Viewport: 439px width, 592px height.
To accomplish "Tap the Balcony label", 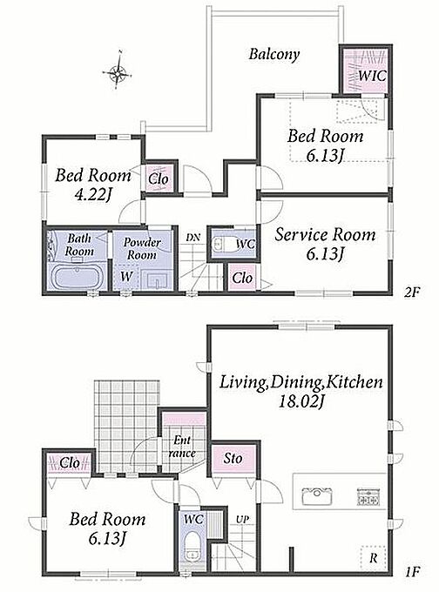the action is (x=274, y=54).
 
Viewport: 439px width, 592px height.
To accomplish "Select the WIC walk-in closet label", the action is (x=372, y=76).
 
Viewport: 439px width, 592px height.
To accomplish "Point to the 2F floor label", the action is (x=411, y=293).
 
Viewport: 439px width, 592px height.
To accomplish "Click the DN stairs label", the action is (x=193, y=238).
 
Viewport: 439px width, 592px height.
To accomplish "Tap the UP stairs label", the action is (x=242, y=520).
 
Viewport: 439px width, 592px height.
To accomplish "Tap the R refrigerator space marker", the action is (x=373, y=558).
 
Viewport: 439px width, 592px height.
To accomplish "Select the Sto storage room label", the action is (x=233, y=458).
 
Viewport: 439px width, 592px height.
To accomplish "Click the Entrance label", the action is (x=182, y=447).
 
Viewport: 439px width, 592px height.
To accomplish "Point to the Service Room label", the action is (x=325, y=234).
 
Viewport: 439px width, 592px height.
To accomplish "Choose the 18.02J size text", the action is (x=301, y=401).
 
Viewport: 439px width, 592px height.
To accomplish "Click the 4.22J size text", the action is (x=92, y=195).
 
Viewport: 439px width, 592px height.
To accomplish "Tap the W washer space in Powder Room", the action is (x=126, y=276).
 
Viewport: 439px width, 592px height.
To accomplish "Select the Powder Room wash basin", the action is (x=159, y=280).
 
